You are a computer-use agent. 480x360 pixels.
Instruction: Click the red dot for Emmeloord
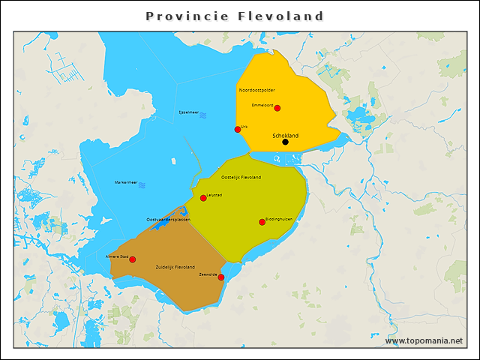point(277,108)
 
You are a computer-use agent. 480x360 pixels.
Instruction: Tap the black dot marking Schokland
point(285,142)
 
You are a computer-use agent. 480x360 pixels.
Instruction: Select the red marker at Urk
point(238,129)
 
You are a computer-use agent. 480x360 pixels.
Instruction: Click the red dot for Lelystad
point(203,198)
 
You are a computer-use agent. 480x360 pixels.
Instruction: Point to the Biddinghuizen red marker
point(262,221)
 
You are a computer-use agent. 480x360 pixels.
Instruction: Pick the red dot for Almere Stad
point(133,259)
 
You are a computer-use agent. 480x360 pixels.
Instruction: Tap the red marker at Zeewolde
point(220,277)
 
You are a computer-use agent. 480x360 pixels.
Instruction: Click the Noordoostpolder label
point(256,90)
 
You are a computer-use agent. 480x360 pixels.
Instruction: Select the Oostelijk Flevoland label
point(241,177)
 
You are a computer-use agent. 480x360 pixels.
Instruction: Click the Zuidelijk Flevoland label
point(175,267)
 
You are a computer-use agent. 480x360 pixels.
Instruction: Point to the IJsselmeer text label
point(188,112)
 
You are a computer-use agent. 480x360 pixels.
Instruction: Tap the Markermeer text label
point(125,183)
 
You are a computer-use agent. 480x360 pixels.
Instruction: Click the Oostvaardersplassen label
point(168,219)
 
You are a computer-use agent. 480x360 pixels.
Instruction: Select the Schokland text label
point(285,135)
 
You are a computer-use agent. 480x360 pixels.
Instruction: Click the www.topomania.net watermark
point(424,341)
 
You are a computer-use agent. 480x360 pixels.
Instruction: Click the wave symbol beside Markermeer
point(142,184)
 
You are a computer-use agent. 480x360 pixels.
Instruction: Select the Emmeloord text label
point(262,105)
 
